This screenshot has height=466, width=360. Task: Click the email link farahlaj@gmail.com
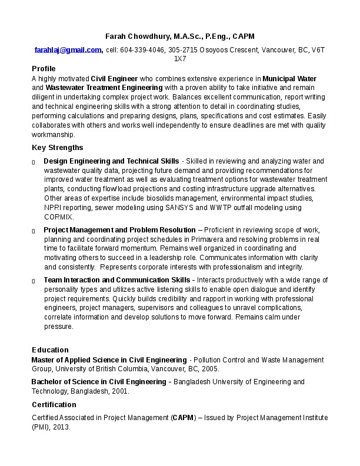coord(68,50)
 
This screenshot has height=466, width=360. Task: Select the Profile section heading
coord(44,69)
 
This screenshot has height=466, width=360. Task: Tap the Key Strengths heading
coord(57,147)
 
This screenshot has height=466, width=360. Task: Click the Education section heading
coord(50,350)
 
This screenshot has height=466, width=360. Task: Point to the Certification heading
coord(54,405)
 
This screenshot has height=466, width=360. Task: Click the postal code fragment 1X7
coord(180,59)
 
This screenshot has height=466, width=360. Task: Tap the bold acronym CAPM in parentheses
coord(183,418)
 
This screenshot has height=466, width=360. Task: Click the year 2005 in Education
coord(209,369)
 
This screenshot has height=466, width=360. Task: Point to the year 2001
coord(119,391)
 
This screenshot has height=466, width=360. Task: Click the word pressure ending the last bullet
coord(58,327)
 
